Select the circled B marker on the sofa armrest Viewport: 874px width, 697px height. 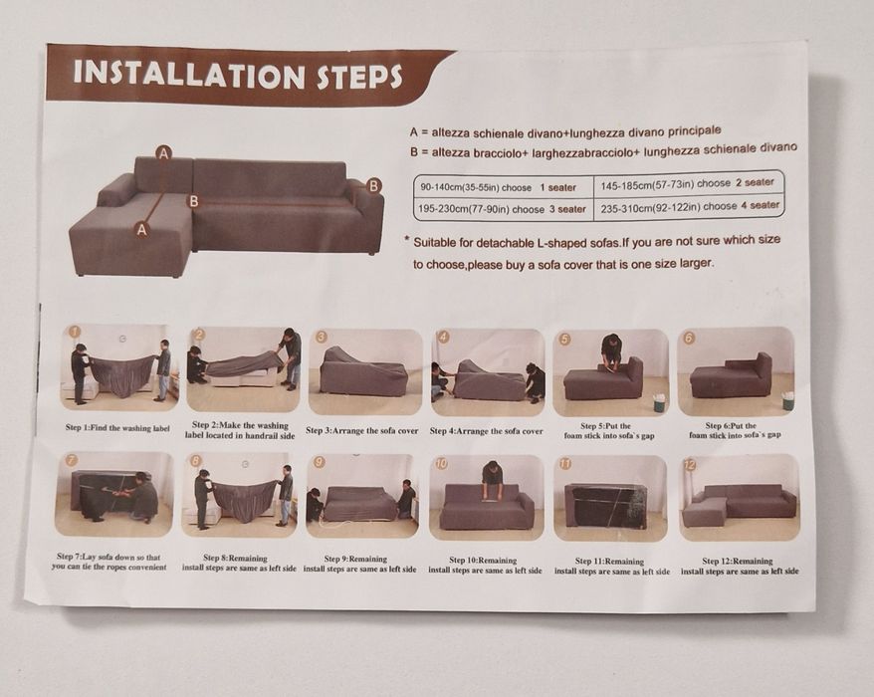click(x=373, y=185)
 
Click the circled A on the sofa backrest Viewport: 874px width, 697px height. click(x=163, y=153)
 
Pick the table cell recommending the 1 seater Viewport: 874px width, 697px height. click(x=504, y=187)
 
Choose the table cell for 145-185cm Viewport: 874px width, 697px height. click(x=688, y=183)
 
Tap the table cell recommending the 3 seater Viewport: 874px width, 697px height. click(x=504, y=210)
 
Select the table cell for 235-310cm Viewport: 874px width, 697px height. click(x=689, y=207)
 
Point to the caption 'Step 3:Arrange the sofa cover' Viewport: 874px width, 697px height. click(x=361, y=430)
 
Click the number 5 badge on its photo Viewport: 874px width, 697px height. click(x=564, y=339)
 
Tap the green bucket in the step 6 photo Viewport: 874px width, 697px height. click(x=787, y=400)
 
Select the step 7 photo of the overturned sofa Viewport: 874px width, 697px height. click(x=114, y=494)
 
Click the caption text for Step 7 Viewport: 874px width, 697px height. click(x=109, y=562)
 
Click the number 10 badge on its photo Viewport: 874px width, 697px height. click(x=441, y=463)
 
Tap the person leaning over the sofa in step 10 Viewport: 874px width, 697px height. click(x=493, y=481)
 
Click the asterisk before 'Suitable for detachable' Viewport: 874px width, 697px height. click(x=407, y=240)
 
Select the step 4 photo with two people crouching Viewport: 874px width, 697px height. click(x=488, y=372)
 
